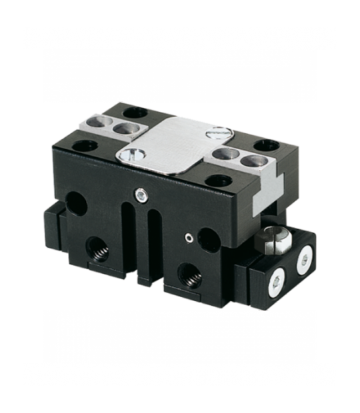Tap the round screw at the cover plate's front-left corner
click(x=130, y=156)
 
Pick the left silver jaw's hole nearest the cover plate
click(x=121, y=128)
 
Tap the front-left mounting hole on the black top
click(x=85, y=145)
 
